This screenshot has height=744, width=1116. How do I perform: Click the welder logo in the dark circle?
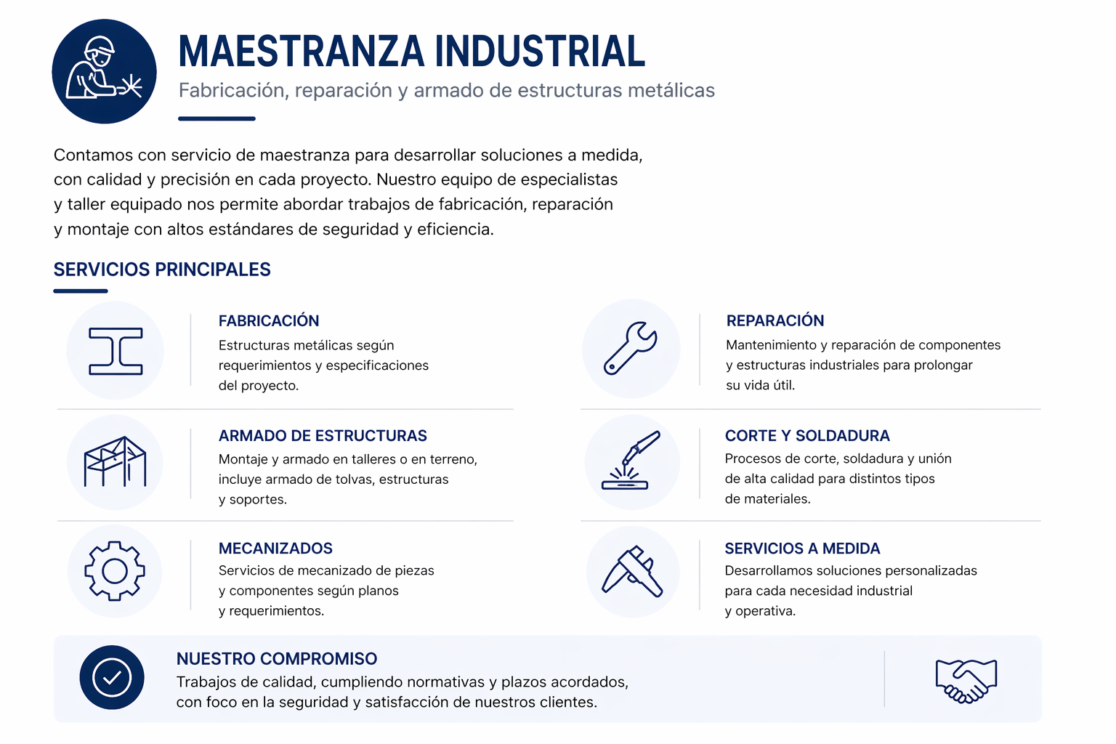point(104,71)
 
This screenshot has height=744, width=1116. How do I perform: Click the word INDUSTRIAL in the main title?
point(540,51)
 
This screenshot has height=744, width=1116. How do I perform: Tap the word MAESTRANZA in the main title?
point(302,51)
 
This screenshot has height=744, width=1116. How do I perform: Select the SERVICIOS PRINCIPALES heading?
point(162,270)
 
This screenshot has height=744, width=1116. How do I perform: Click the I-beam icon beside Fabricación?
point(116,351)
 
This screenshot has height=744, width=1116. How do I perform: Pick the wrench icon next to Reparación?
point(631,348)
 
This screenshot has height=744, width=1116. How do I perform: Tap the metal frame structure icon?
point(115,462)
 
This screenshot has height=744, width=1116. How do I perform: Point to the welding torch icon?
point(631,461)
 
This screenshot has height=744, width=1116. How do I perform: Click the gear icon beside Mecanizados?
point(115,571)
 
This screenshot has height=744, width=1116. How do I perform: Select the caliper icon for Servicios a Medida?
point(632,572)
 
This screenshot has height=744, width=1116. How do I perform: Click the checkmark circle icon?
point(112,678)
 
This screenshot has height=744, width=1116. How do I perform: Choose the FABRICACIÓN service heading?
point(269,321)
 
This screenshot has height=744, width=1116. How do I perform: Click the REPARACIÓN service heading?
point(775,320)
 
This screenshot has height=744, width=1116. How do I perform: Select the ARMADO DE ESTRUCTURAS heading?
point(323,435)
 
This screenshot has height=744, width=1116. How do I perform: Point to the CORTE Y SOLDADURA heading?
point(807,435)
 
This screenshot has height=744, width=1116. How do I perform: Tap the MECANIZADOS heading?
point(275,548)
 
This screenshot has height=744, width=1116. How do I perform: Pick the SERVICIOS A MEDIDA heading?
point(802,548)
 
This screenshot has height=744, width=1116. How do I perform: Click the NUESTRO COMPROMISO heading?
point(277,659)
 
